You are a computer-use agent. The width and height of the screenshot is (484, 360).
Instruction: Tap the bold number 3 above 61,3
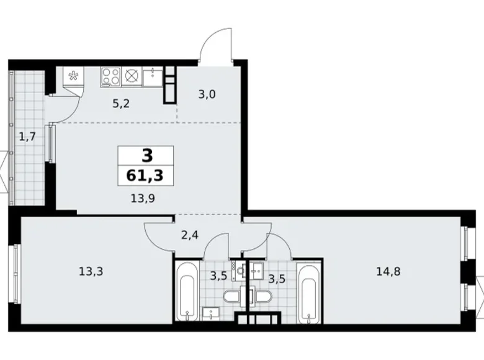146,156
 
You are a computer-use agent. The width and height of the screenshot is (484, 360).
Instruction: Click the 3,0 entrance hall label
208,95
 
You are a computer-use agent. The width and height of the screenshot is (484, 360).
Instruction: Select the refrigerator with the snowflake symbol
73,78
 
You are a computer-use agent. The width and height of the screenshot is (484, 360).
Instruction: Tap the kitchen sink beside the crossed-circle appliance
152,76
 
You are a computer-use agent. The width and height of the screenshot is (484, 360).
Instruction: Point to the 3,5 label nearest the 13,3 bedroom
218,276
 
